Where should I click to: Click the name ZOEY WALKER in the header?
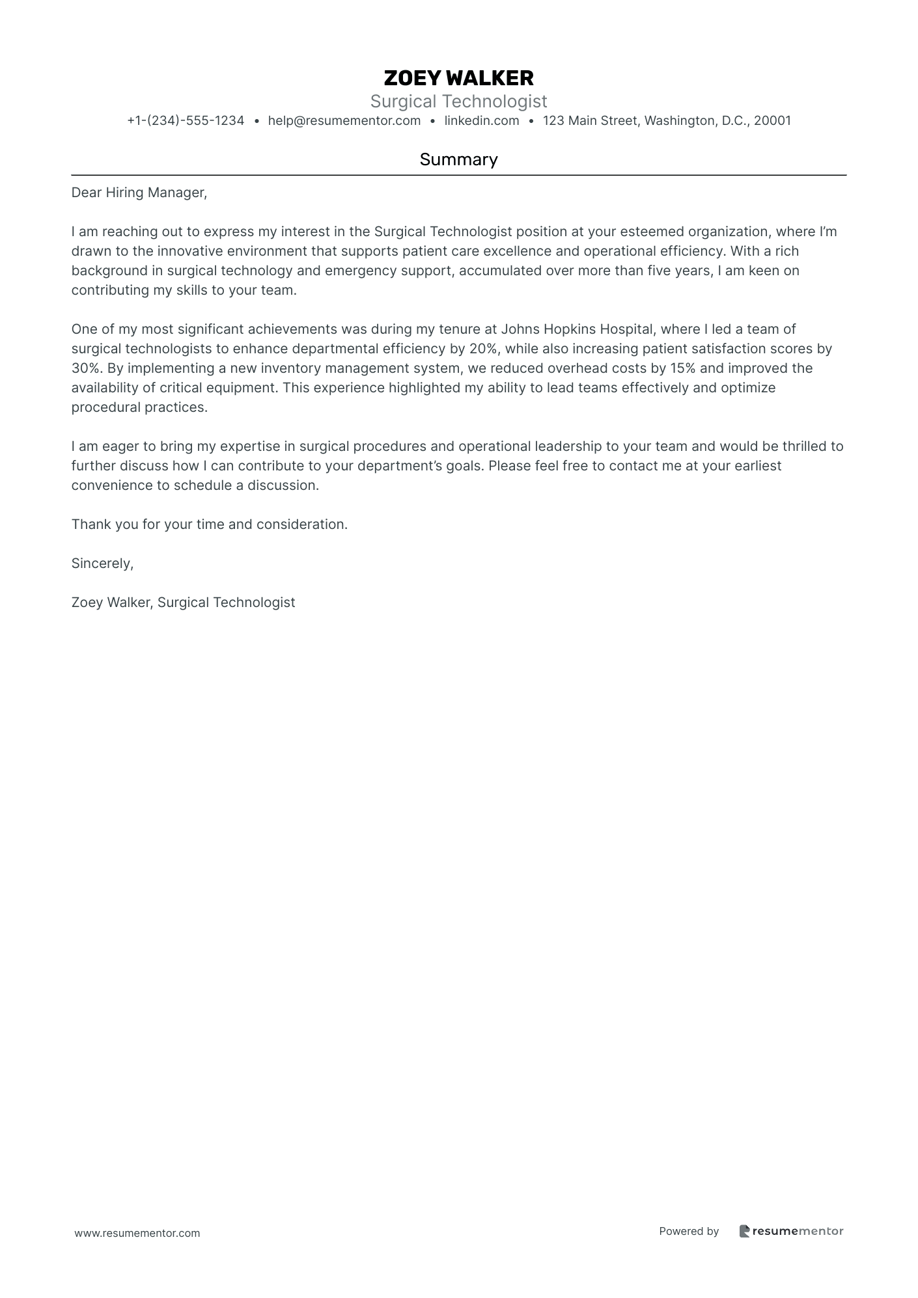458,78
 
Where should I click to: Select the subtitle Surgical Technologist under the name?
458,101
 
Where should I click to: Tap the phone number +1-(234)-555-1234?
186,120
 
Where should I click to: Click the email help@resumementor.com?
344,120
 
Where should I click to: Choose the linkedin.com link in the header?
482,120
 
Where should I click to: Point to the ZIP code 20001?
772,120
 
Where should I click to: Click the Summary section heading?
458,159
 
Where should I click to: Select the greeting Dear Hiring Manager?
139,193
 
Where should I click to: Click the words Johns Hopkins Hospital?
577,329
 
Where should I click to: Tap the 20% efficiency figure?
483,349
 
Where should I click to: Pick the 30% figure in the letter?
85,368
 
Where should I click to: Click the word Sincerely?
102,563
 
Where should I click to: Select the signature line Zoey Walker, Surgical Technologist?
183,602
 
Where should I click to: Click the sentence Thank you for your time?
209,524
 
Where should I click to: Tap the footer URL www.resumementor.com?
137,1233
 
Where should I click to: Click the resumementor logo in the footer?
791,1231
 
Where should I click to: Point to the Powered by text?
689,1231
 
